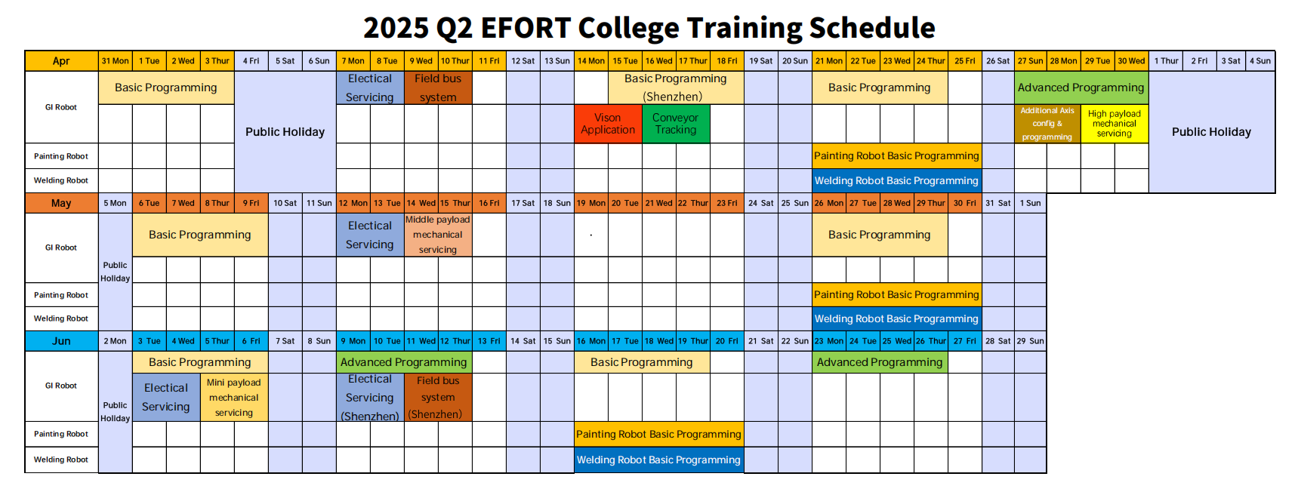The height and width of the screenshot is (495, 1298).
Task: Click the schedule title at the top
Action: click(x=649, y=28)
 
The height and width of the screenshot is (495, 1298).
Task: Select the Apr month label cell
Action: click(x=61, y=61)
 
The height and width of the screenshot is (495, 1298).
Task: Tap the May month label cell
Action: click(x=61, y=203)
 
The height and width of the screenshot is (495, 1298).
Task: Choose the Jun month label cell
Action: click(x=61, y=341)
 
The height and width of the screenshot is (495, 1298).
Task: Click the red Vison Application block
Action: click(x=608, y=124)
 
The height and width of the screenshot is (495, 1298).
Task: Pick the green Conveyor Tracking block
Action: click(x=676, y=124)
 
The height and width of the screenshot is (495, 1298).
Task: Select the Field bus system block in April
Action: click(x=438, y=88)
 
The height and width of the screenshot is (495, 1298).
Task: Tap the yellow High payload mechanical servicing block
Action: click(x=1115, y=124)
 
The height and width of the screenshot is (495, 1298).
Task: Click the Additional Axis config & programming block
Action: click(x=1047, y=124)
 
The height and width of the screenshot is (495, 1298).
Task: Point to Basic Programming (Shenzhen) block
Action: click(x=676, y=88)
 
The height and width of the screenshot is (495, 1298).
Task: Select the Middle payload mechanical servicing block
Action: click(x=438, y=235)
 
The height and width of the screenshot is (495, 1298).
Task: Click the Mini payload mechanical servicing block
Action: click(x=234, y=398)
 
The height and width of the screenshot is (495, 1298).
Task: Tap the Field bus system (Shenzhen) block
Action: click(x=438, y=398)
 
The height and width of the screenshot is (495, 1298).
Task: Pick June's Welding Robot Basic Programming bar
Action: click(x=658, y=460)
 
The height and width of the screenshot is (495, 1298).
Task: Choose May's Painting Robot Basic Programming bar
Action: click(x=896, y=295)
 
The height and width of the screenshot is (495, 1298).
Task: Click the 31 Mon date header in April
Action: click(x=116, y=61)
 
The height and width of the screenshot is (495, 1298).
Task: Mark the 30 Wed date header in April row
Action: click(x=1131, y=61)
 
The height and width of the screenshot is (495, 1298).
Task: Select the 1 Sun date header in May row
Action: click(x=1031, y=203)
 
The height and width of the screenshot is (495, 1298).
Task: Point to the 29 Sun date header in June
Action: click(x=1031, y=341)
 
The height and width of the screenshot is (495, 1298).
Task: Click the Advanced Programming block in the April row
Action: click(x=1081, y=88)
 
